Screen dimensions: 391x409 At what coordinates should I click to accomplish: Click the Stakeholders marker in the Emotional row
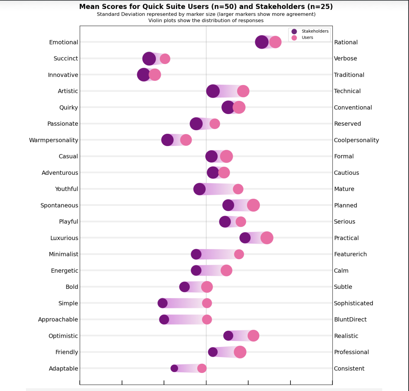262,42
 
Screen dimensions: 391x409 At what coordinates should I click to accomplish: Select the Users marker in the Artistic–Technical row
243,91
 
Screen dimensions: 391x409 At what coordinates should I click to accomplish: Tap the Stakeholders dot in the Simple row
163,303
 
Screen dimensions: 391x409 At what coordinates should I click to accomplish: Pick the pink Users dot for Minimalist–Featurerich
239,254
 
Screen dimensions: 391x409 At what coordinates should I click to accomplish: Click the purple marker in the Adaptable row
174,368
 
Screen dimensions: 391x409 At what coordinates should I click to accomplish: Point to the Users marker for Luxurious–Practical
267,238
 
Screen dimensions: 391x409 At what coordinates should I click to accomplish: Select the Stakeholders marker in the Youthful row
200,189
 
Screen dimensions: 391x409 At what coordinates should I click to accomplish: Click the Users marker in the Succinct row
165,59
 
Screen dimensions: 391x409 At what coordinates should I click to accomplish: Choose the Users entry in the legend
307,38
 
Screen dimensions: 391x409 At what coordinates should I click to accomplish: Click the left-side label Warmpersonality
54,140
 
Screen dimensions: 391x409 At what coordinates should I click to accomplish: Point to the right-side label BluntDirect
350,319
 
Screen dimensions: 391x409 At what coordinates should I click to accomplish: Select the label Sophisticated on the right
353,303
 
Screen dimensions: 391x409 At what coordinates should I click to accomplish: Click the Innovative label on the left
63,75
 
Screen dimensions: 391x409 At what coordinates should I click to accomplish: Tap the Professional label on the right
351,352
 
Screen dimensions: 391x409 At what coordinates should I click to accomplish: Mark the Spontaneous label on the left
59,205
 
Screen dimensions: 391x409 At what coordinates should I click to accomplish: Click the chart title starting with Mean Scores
206,7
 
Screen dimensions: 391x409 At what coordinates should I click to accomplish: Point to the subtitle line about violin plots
206,21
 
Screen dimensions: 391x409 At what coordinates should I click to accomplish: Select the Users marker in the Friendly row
240,352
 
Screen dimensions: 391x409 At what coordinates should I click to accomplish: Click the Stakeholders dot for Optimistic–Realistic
228,336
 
